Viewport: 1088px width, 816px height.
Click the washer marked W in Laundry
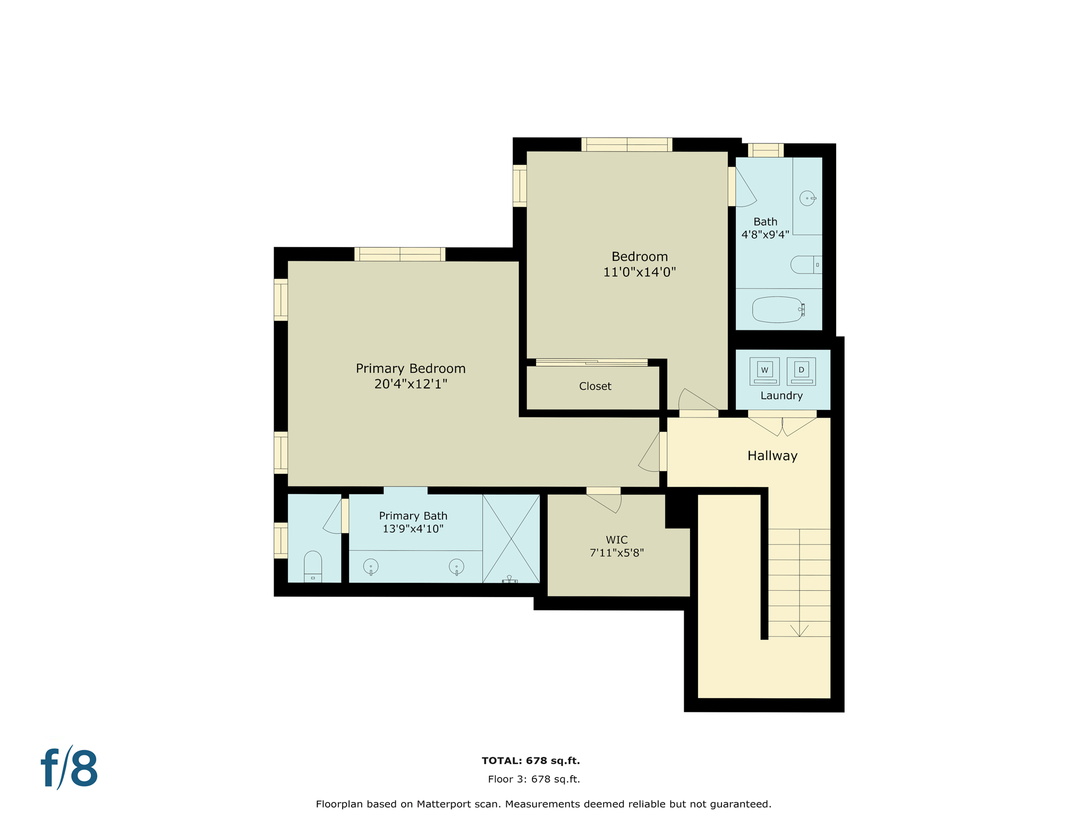click(x=764, y=371)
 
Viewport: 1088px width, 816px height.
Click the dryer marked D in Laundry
click(x=801, y=371)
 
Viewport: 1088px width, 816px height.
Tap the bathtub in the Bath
click(x=778, y=310)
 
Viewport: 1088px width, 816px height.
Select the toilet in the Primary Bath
click(x=313, y=566)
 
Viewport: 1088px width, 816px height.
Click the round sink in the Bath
click(x=807, y=198)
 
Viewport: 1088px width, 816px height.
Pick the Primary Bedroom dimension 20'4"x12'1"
click(x=411, y=384)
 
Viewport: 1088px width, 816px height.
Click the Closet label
click(x=595, y=386)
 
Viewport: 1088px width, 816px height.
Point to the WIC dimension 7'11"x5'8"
click(x=616, y=553)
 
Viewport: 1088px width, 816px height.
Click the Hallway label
click(x=772, y=456)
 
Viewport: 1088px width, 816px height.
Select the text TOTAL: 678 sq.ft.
click(x=530, y=761)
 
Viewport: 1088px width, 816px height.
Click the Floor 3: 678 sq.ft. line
click(x=533, y=779)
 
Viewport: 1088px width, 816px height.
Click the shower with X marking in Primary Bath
click(x=511, y=538)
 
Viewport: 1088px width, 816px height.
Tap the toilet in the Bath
click(x=805, y=265)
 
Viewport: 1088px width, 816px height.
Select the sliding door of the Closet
click(x=591, y=362)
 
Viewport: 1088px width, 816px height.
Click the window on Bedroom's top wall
click(x=626, y=144)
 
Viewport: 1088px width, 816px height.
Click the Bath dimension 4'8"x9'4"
click(x=764, y=234)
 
